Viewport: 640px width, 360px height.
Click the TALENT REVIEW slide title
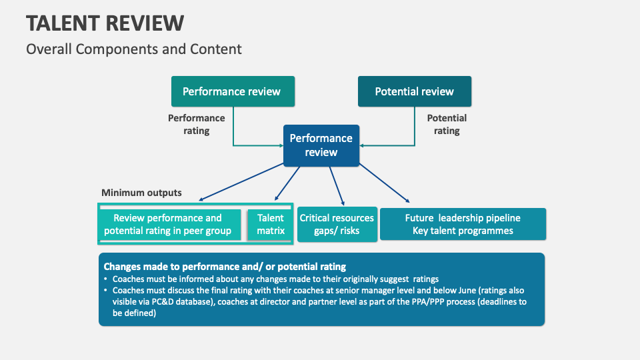[x=105, y=23]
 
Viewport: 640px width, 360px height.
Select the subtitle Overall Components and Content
[x=133, y=49]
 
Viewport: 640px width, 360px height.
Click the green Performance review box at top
[x=231, y=91]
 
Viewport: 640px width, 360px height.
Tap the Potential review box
[x=414, y=91]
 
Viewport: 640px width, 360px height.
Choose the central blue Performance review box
[x=321, y=145]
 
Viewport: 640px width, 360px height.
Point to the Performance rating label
[x=196, y=124]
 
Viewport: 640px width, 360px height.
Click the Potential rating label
[x=447, y=124]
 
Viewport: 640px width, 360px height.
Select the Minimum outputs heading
[x=141, y=193]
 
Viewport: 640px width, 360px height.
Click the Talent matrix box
[x=271, y=225]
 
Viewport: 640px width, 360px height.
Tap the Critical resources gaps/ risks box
[x=337, y=225]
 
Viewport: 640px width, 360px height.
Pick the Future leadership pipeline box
[x=463, y=225]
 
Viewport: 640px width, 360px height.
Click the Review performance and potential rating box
[x=167, y=225]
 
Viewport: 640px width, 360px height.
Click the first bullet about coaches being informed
[x=273, y=279]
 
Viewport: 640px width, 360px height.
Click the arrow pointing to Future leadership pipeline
[x=385, y=184]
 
